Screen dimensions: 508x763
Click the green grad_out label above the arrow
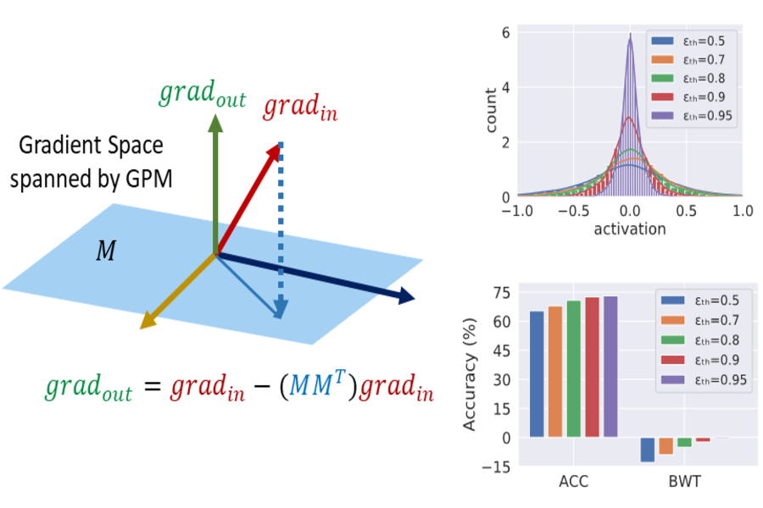pyautogui.click(x=202, y=94)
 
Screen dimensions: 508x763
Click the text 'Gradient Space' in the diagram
pyautogui.click(x=91, y=146)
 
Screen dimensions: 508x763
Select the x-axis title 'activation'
pyautogui.click(x=630, y=229)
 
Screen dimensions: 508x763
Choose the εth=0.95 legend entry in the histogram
pyautogui.click(x=690, y=116)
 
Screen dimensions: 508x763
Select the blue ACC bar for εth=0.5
pyautogui.click(x=537, y=373)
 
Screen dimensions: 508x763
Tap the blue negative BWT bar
pyautogui.click(x=648, y=450)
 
